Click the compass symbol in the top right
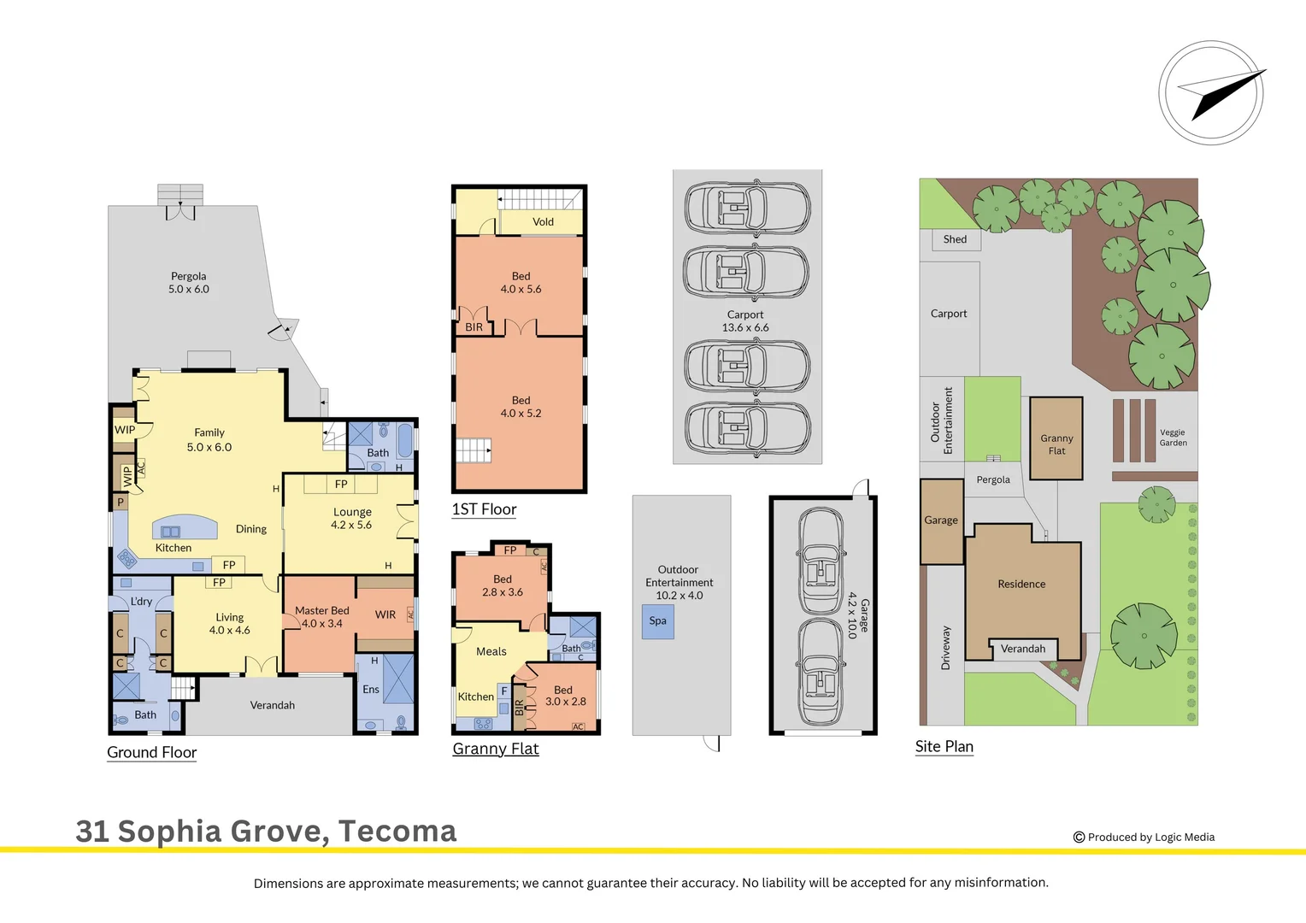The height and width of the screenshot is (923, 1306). coord(1211,92)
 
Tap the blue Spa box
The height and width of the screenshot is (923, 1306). coord(657,621)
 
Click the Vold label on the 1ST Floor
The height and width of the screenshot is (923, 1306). coord(543,222)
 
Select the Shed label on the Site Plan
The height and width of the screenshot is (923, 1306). coord(955,239)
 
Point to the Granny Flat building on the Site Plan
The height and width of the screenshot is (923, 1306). coord(1056,438)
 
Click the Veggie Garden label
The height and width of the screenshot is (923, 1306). coord(1173,438)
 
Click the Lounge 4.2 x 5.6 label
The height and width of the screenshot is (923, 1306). coord(352,519)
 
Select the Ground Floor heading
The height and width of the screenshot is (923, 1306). coord(151,752)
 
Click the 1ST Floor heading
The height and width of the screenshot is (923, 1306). coord(484,509)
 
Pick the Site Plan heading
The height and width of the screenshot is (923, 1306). coord(944,746)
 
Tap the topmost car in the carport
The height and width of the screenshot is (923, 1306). coord(747,207)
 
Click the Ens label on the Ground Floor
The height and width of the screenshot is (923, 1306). coord(371,690)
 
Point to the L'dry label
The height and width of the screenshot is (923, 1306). coord(141,602)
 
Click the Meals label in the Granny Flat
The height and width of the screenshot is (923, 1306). coord(491,651)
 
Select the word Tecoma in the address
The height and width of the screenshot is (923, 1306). coord(397,831)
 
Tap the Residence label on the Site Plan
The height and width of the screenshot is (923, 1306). coord(1021,585)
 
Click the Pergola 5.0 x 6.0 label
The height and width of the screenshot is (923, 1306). coord(188,283)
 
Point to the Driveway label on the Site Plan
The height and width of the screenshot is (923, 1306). coord(945,648)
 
